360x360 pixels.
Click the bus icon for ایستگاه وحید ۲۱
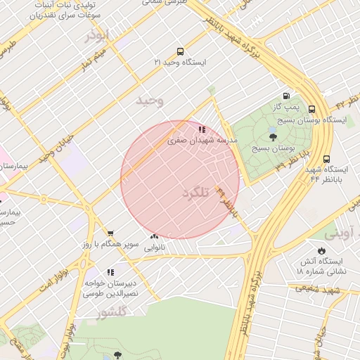click(x=181, y=51)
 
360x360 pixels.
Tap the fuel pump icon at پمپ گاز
click(x=286, y=96)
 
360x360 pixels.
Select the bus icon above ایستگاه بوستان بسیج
click(x=311, y=109)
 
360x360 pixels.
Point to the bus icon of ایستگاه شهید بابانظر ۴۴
click(x=326, y=159)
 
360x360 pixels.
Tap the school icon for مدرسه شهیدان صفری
click(x=202, y=129)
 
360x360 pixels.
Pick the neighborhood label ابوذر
click(x=98, y=36)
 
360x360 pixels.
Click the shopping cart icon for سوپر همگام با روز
click(x=110, y=233)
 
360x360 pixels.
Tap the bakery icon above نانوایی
click(x=155, y=236)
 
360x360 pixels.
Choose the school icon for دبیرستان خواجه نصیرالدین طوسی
click(x=110, y=271)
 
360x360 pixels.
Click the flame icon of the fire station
click(x=321, y=250)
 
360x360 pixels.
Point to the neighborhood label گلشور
click(x=112, y=311)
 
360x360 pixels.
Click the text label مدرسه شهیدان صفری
click(x=203, y=141)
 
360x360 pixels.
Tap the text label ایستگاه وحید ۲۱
click(x=181, y=63)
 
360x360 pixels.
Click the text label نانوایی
click(x=155, y=247)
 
